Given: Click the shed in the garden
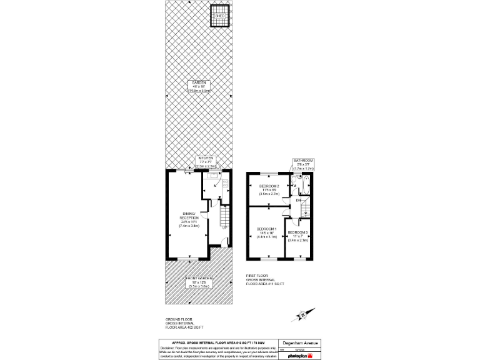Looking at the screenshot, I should pos(220,16).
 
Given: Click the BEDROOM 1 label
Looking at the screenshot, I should pos(266,232).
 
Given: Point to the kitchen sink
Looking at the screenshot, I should pos(214,178).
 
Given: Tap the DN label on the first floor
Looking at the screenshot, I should pos(298,200).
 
